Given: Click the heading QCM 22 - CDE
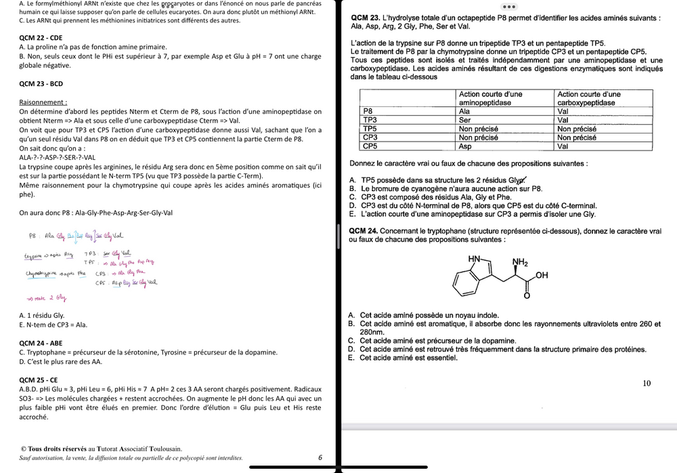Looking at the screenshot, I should pos(41,38).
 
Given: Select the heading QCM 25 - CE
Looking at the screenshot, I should pos(39,380).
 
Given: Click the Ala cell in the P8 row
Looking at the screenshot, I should pos(465,111).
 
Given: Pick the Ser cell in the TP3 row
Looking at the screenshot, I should pos(465,120).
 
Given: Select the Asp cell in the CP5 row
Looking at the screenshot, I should pos(466,146).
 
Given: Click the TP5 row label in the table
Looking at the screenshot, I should pos(370,129).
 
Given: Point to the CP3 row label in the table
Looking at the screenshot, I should pos(370,138).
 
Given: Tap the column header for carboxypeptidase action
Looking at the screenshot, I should pos(586,98).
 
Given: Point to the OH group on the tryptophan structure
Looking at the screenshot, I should pos(541,275).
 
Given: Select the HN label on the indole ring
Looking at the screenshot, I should pos(475,259).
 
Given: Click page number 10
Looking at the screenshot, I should pos(647,384).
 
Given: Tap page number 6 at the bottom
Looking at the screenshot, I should pos(320,457).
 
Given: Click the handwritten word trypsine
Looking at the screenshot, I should pos(35,256).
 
